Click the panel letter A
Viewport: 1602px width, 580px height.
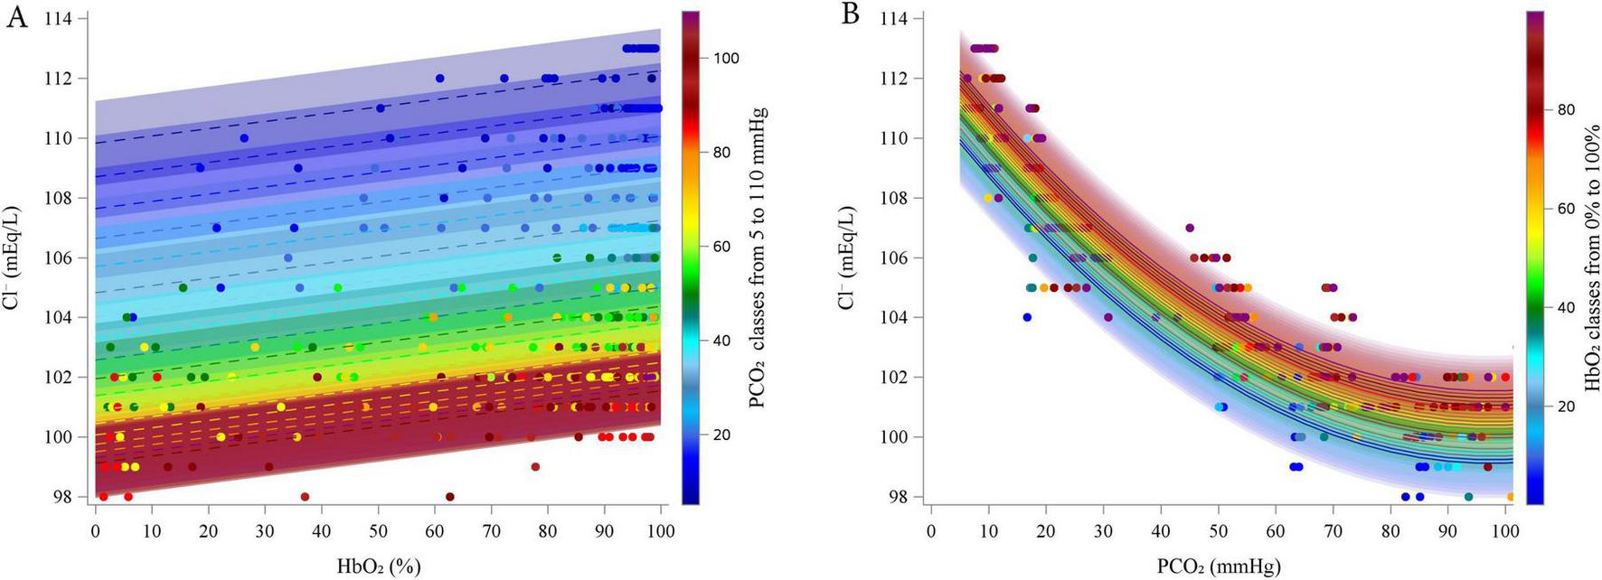pos(16,17)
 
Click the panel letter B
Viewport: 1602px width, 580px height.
pos(850,16)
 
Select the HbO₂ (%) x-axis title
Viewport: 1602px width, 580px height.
pos(378,566)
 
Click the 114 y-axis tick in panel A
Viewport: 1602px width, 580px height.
pos(65,19)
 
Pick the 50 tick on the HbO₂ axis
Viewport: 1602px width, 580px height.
pos(378,531)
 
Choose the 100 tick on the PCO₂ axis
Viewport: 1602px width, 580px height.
pos(1504,531)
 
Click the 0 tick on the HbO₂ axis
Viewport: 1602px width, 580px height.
pos(95,531)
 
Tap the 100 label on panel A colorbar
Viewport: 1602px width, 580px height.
pos(725,59)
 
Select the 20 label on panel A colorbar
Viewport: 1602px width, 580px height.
pos(721,435)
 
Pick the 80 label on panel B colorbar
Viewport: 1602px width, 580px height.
pos(1566,110)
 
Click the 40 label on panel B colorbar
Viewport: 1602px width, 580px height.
pos(1566,308)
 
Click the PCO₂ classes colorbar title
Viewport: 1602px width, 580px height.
pos(758,257)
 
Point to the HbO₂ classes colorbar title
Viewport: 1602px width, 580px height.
pos(1592,257)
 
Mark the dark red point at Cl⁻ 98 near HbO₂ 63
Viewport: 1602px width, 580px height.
pos(450,496)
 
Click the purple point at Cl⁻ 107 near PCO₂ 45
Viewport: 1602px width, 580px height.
pos(1190,228)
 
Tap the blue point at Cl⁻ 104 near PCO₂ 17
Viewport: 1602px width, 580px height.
pos(1027,317)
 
